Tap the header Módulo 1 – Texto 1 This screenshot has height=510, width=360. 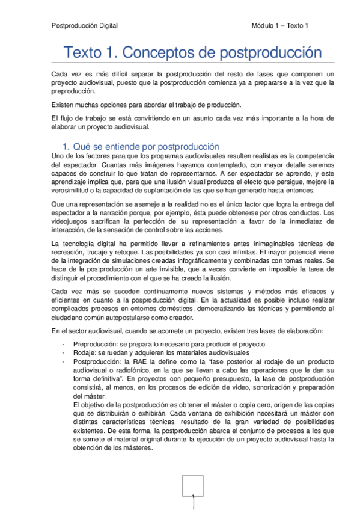tap(279, 25)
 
